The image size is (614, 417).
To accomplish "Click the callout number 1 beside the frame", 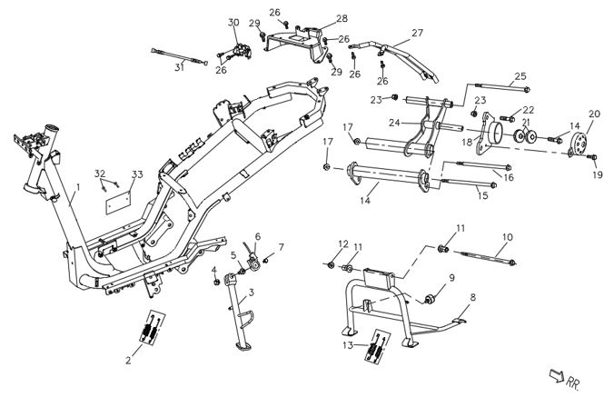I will point(79,187).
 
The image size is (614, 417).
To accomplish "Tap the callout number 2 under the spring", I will point(128,361).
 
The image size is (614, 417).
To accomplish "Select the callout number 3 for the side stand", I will point(252,292).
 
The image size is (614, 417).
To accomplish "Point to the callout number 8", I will point(472,296).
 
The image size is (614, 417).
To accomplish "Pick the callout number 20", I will point(595,114).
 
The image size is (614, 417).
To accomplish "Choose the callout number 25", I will point(520,76).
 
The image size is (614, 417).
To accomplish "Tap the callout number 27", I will point(417,33).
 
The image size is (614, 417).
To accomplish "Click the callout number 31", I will point(179,66).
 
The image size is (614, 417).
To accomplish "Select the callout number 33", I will point(137,174).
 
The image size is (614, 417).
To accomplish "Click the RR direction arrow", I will point(555,376).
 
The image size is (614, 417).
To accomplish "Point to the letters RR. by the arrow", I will point(574,384).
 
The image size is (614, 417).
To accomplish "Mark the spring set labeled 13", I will point(378,348).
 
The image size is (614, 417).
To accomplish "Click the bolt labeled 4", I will point(215,282).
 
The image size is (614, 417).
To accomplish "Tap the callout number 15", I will point(482,194).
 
